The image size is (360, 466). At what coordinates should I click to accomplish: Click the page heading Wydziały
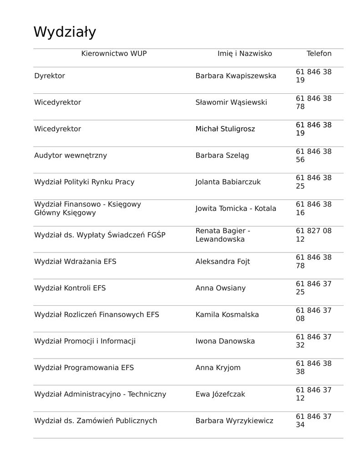tap(65, 33)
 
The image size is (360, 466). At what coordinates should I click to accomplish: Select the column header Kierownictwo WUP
tap(114, 54)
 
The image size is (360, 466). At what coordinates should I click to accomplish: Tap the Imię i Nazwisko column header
tap(244, 54)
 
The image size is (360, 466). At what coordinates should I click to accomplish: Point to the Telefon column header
tap(319, 54)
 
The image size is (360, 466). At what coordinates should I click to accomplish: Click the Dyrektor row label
tap(50, 76)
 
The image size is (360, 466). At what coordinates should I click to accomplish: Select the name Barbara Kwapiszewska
tap(236, 76)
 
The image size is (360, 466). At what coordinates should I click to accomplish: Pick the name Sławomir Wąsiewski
tap(231, 102)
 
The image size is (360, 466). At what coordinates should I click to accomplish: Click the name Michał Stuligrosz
tap(225, 129)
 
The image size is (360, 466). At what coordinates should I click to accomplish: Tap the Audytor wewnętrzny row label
tap(71, 156)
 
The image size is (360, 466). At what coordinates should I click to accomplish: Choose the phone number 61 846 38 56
tap(314, 156)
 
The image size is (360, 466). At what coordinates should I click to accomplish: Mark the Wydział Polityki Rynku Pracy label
tap(84, 182)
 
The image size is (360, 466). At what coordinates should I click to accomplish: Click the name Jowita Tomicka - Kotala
tap(236, 209)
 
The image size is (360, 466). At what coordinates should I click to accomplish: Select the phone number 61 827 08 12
tap(314, 235)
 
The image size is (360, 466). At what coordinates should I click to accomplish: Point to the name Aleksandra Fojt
tap(223, 262)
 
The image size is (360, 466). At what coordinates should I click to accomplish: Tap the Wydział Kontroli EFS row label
tap(70, 288)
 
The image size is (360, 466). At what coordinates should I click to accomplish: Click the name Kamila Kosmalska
tap(227, 315)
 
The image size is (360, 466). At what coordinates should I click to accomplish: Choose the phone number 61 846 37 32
tap(314, 341)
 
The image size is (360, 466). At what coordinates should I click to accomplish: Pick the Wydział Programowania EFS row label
tap(84, 368)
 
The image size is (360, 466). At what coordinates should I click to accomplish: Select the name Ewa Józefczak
tap(220, 394)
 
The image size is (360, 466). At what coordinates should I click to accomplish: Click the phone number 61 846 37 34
tap(314, 421)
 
